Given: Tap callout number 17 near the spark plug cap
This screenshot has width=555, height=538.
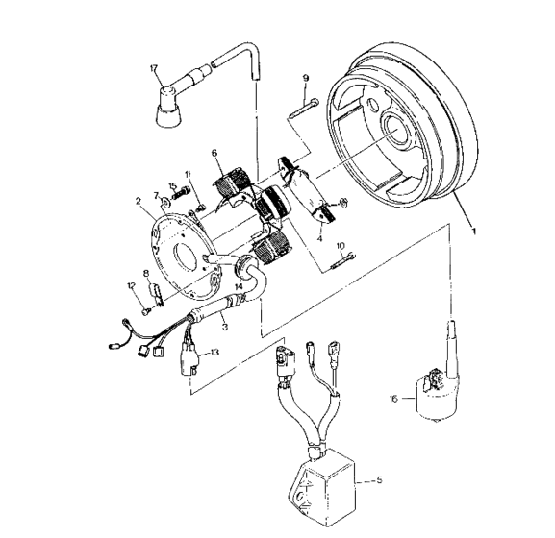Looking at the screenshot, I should pos(152,68).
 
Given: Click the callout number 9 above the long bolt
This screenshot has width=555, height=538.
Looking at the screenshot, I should pos(305,77).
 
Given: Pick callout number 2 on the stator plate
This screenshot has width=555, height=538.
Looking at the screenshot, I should pos(139,202).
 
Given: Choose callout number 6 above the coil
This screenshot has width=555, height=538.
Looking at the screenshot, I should pos(215,151).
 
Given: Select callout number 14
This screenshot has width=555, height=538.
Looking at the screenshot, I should pos(238,286).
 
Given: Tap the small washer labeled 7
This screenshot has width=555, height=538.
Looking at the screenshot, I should pos(165,205).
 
